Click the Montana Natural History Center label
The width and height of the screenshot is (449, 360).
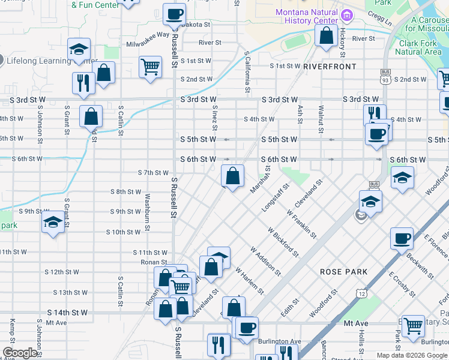[x=306, y=16]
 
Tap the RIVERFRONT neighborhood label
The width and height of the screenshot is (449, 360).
[x=330, y=67]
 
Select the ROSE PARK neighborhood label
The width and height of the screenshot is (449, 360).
[x=344, y=272]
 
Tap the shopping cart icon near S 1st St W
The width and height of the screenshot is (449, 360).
[x=150, y=67]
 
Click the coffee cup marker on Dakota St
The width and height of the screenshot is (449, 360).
[x=174, y=14]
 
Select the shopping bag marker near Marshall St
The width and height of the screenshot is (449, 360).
[x=233, y=176]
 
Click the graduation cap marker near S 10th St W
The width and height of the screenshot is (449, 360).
[x=53, y=222]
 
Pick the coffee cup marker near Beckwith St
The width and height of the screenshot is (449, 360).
[x=402, y=238]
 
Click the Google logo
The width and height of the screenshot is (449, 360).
[x=20, y=353]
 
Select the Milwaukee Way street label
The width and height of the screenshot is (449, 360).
[x=148, y=35]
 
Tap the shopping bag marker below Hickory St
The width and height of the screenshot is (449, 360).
[x=326, y=35]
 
